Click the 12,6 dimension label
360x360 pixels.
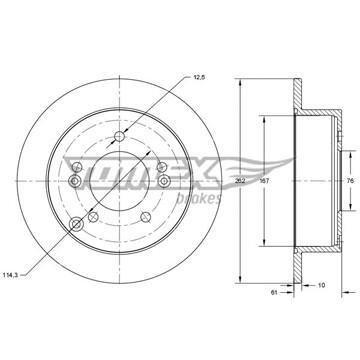click(x=200, y=77)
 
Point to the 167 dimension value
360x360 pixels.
click(x=264, y=181)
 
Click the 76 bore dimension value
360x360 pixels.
click(x=350, y=181)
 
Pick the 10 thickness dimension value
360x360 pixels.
click(x=321, y=285)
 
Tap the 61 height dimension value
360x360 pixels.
click(x=274, y=292)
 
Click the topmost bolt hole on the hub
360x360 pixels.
click(x=119, y=136)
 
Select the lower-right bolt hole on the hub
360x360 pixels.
click(x=146, y=217)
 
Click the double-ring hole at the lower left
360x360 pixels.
click(x=77, y=224)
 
